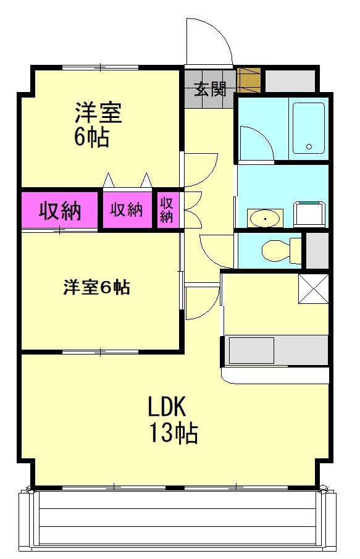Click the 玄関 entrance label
click(211, 88)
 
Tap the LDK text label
click(167, 407)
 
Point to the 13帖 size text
click(174, 433)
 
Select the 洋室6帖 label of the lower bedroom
click(96, 287)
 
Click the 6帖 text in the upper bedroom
click(91, 137)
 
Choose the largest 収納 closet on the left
click(59, 210)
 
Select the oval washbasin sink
click(265, 218)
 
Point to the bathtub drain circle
click(309, 146)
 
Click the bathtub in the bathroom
click(309, 128)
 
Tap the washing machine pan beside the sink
click(309, 214)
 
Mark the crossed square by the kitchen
click(313, 289)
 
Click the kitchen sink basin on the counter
click(251, 350)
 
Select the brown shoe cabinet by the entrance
click(249, 80)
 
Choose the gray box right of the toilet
click(317, 251)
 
